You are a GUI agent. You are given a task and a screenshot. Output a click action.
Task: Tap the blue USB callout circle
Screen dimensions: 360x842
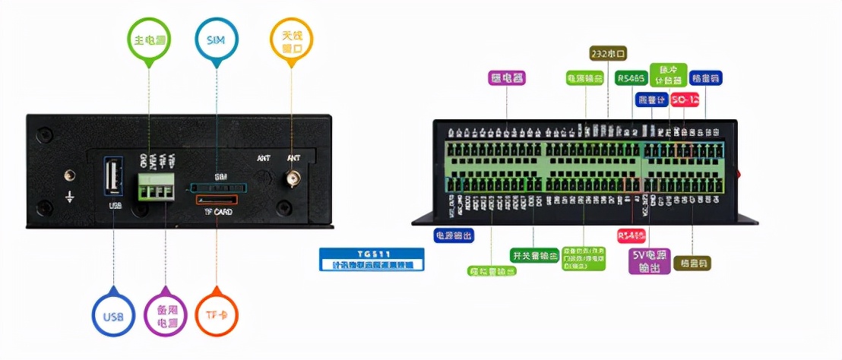[113, 315]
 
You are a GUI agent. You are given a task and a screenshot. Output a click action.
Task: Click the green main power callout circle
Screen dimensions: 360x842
[149, 39]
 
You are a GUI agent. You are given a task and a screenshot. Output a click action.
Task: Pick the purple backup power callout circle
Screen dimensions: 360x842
[165, 315]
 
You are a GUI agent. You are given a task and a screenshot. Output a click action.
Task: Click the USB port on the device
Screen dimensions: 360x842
[113, 178]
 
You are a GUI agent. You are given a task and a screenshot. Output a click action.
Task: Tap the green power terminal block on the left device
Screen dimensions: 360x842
[156, 186]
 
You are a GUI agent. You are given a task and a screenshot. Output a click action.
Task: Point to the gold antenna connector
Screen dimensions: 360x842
[291, 179]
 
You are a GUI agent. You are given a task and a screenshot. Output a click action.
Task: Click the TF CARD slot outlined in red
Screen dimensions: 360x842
[217, 201]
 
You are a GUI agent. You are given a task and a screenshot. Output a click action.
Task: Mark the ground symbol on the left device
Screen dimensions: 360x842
[69, 196]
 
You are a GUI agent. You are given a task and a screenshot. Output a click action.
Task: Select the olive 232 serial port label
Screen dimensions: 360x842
[608, 53]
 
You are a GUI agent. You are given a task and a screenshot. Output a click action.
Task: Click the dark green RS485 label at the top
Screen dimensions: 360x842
[631, 78]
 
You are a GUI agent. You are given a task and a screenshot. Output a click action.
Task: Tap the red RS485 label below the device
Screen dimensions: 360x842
[631, 235]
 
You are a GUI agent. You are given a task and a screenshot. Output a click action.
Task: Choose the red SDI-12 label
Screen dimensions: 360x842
[685, 99]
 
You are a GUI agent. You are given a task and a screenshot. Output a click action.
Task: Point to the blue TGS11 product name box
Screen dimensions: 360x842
[372, 259]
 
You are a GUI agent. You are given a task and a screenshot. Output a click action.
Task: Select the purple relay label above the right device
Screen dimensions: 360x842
[507, 77]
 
